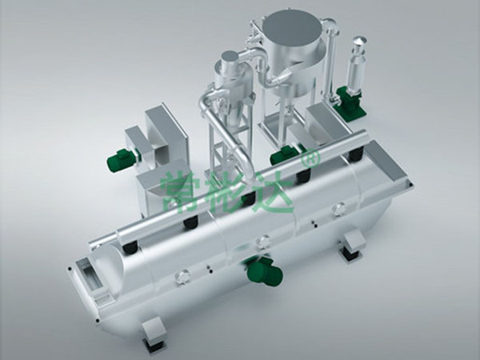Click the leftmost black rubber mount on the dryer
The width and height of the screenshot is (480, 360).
pos(130,243)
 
